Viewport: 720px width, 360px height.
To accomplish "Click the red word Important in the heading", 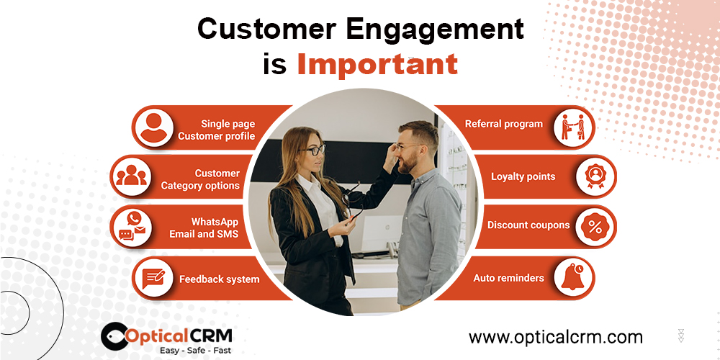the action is click(x=377, y=64).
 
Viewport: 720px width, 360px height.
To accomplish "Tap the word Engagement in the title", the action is click(x=434, y=29).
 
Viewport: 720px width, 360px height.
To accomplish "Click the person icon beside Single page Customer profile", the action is click(x=153, y=127).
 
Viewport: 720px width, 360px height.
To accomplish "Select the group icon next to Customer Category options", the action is click(x=131, y=176).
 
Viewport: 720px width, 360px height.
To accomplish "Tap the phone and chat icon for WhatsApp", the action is click(x=132, y=226).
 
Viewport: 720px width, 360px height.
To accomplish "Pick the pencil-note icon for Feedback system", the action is click(x=153, y=278).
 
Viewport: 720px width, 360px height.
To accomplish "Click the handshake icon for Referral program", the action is click(x=573, y=127).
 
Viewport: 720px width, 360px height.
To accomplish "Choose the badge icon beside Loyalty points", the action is click(x=595, y=177).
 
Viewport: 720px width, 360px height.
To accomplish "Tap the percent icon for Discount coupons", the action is click(x=595, y=227).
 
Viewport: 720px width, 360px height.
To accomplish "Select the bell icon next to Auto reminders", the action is click(x=572, y=277).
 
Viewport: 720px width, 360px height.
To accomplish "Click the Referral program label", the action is click(x=504, y=124).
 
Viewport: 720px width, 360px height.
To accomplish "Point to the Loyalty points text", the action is click(x=523, y=177).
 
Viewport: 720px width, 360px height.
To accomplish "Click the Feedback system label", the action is click(x=219, y=279).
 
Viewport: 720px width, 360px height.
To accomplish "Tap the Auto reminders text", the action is click(x=509, y=278).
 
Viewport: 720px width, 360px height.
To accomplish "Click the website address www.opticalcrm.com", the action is click(x=556, y=337).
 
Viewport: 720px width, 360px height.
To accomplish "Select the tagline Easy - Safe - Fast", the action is click(x=195, y=351).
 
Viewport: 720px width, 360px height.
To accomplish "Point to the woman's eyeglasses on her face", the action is click(x=314, y=150).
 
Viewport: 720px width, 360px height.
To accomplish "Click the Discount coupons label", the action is click(x=528, y=225).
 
